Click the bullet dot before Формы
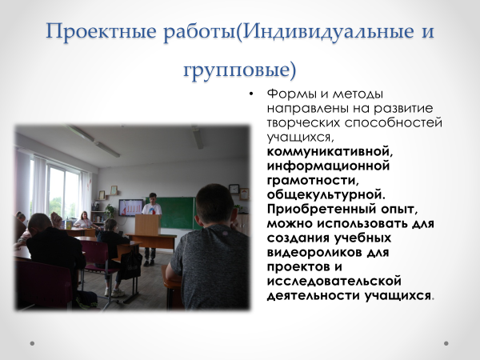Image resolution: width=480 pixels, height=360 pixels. pos(251,94)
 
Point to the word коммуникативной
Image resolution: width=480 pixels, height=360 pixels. pos(330,151)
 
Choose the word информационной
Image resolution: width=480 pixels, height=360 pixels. pos(328,166)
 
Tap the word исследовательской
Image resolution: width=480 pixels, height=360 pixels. pos(334,281)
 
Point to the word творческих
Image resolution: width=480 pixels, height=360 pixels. pos(303,122)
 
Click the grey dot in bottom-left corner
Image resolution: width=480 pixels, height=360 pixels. pos(32,343)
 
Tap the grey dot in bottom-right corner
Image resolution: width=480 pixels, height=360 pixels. pos(446,343)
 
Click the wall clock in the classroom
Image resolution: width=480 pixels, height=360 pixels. pos(234,189)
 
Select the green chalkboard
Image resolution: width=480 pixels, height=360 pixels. pos(178,213)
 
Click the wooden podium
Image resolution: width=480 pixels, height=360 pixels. pos(148,225)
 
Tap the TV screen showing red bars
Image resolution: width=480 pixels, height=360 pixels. pos(131,207)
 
